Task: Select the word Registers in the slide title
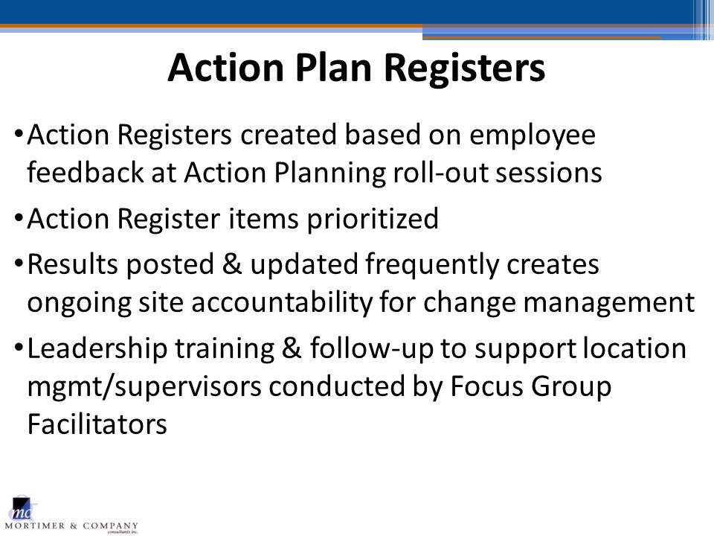coord(464,68)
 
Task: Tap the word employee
coord(533,135)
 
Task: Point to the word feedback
coord(85,172)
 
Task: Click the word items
coord(263,219)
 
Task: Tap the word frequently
coord(432,265)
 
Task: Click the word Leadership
coord(97,349)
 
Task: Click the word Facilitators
coord(97,424)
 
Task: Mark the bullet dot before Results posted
coord(19,264)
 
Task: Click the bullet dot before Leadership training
coord(19,348)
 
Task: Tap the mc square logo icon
coord(22,508)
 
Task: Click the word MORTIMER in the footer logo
coord(35,526)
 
